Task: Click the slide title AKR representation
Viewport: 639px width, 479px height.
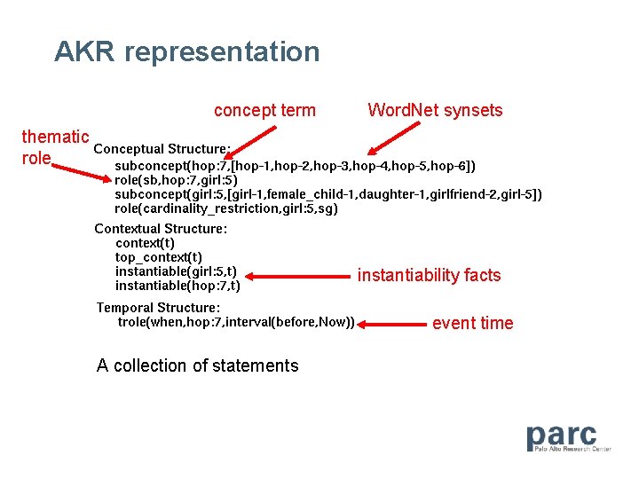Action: (x=186, y=51)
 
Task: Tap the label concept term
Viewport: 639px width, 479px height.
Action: (x=264, y=110)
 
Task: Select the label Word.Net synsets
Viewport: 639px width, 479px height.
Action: (x=435, y=110)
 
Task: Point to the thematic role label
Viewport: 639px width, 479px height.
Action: (x=53, y=147)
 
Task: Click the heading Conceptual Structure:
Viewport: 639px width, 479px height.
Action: (x=162, y=149)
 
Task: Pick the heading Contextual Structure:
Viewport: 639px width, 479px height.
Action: (x=161, y=229)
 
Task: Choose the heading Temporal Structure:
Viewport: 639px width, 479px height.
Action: (x=158, y=308)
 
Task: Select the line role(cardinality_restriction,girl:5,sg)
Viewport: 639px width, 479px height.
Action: (x=226, y=208)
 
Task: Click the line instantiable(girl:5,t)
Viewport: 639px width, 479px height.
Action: (x=176, y=271)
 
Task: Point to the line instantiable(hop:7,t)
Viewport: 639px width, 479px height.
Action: (x=177, y=286)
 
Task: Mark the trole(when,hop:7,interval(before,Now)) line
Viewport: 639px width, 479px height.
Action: (x=236, y=322)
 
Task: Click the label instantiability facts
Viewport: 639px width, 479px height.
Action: (x=429, y=275)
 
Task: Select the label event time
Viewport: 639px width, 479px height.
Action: (x=472, y=323)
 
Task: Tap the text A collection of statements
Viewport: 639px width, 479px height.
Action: (x=197, y=365)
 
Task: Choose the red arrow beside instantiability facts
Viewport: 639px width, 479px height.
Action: (x=297, y=276)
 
